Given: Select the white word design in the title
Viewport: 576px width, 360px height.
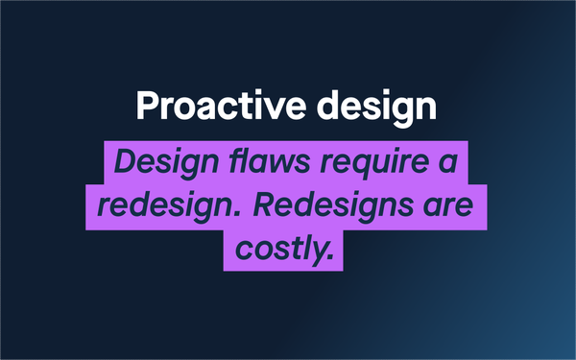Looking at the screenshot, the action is (x=377, y=108).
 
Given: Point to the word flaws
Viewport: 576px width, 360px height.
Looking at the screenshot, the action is (x=269, y=161).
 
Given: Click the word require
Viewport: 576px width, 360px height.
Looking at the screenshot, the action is (x=374, y=164).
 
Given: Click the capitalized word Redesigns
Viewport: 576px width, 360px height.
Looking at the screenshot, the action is (x=333, y=206).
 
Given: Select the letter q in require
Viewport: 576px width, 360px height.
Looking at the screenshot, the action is (x=358, y=167).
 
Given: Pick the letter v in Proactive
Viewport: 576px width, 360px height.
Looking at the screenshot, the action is (x=274, y=109).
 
